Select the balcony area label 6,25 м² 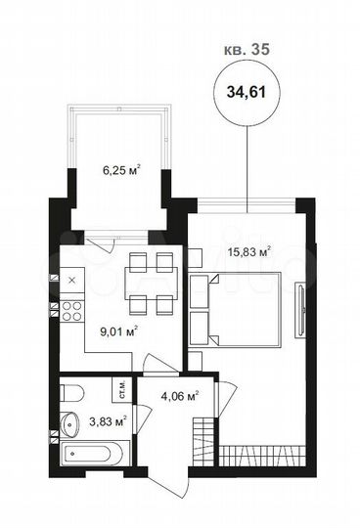pos(119,168)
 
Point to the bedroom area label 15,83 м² pos(249,251)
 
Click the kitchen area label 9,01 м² pos(116,330)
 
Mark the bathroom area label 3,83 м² pos(108,421)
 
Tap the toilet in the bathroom pos(69,396)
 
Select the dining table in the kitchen pos(152,281)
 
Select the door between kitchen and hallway pos(157,364)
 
